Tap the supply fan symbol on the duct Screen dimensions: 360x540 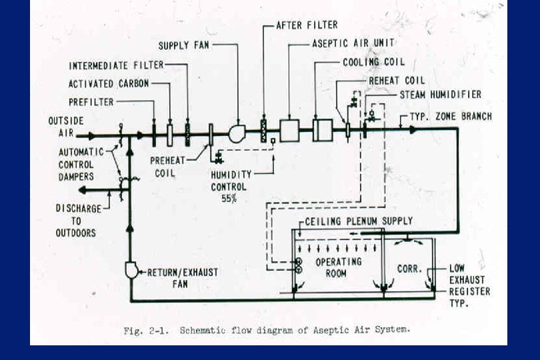coord(237,132)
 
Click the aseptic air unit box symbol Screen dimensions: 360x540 coord(289,129)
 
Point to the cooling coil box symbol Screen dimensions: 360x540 coord(323,129)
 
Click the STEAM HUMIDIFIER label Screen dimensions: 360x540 coord(440,95)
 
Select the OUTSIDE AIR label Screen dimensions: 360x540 coord(66,126)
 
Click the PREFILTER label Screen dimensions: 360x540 coord(91,102)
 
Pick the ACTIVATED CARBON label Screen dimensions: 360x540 coord(109,84)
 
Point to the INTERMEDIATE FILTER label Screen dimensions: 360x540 coord(117,65)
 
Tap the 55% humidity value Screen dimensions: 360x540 coord(229,199)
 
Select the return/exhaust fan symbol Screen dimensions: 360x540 coord(131,269)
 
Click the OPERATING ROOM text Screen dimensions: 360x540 coord(338,267)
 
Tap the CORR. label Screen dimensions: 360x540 coord(409,269)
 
